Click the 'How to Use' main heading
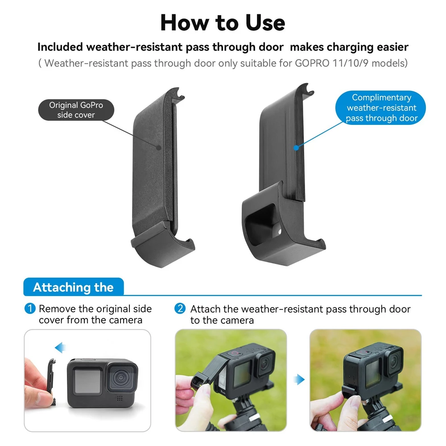pyautogui.click(x=223, y=23)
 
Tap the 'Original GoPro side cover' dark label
pyautogui.click(x=76, y=110)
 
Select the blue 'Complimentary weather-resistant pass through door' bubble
pyautogui.click(x=380, y=108)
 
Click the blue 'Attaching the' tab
pyautogui.click(x=74, y=287)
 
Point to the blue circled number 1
pyautogui.click(x=30, y=309)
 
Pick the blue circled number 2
pyautogui.click(x=180, y=309)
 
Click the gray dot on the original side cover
pyautogui.click(x=159, y=148)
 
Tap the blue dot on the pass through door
pyautogui.click(x=296, y=148)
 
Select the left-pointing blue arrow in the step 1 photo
pyautogui.click(x=60, y=347)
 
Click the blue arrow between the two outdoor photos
pyautogui.click(x=299, y=380)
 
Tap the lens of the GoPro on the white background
pyautogui.click(x=121, y=377)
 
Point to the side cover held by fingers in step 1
pyautogui.click(x=51, y=382)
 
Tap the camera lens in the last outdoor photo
pyautogui.click(x=395, y=361)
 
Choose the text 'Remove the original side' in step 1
pyautogui.click(x=95, y=309)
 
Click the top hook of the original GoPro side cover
pyautogui.click(x=178, y=93)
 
